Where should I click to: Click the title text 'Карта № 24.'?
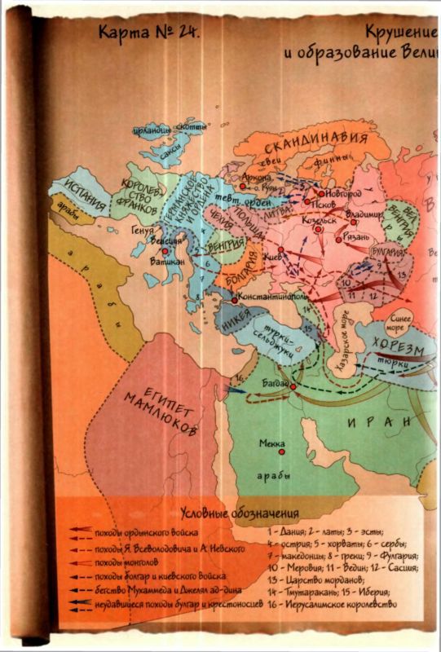149,32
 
